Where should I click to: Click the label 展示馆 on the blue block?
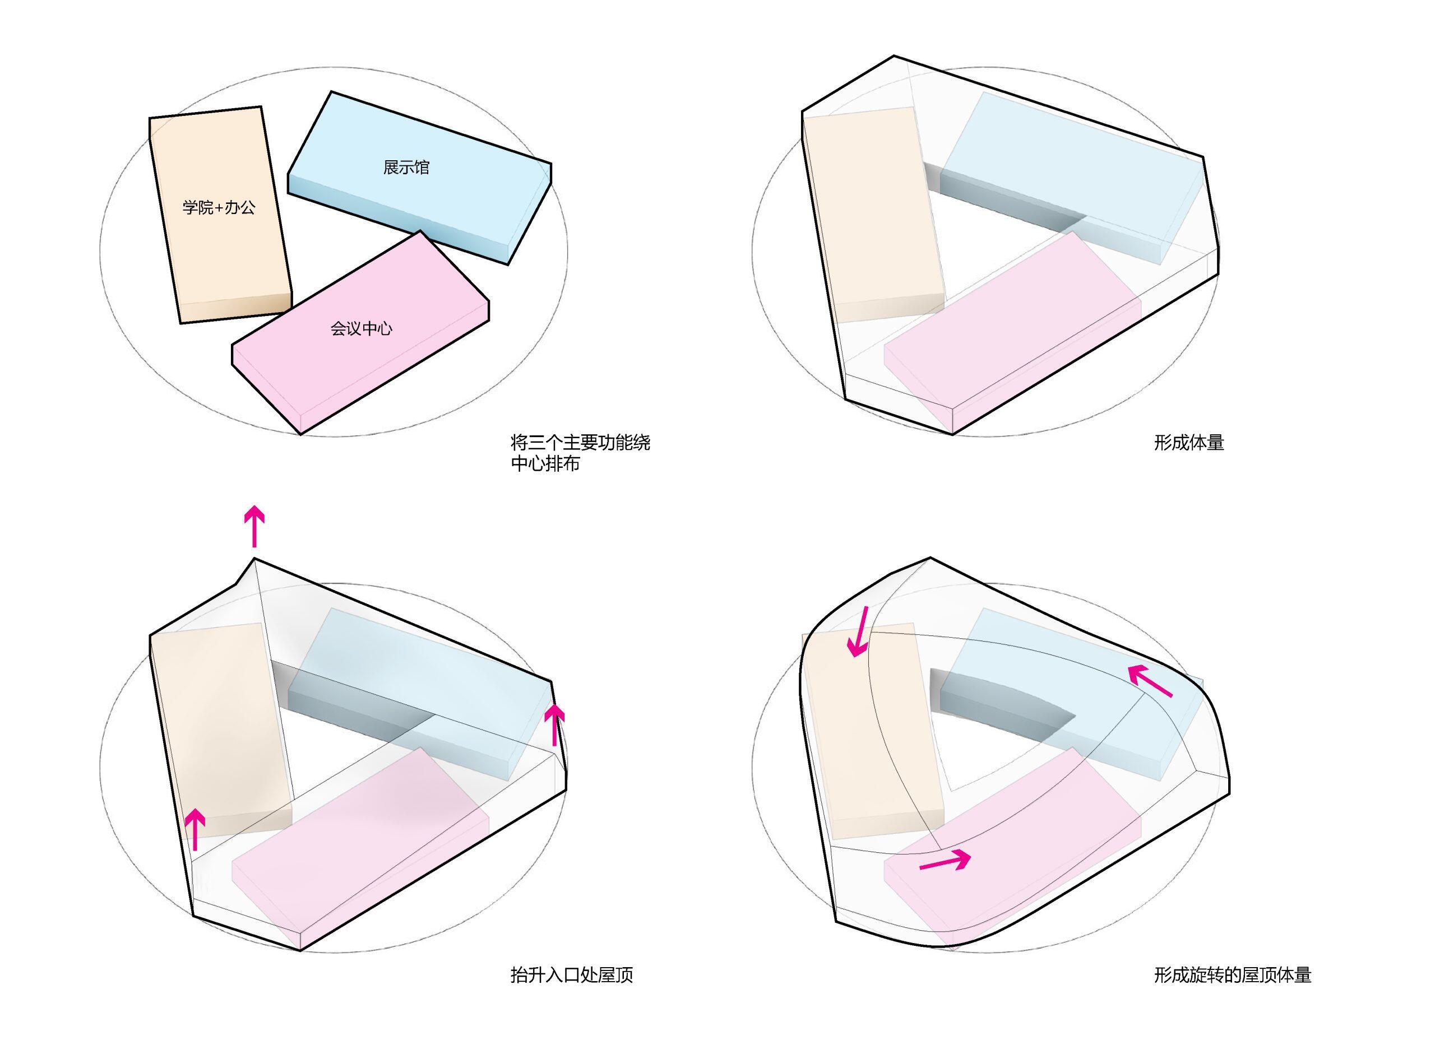tap(406, 168)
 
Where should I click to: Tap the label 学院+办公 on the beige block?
tap(219, 207)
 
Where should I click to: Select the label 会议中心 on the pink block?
tap(362, 328)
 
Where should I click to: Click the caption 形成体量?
tap(1189, 443)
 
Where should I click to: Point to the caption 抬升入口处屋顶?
tap(572, 975)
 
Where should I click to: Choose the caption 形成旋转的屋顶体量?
tap(1233, 975)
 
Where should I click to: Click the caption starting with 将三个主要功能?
tap(580, 453)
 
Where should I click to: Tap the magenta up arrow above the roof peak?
tap(254, 526)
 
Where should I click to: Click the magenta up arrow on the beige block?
tap(196, 830)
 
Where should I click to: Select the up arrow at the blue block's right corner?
tap(555, 726)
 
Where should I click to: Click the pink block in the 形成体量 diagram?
tap(1012, 329)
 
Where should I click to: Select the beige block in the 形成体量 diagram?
tap(873, 215)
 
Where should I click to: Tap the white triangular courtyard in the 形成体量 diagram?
tap(993, 253)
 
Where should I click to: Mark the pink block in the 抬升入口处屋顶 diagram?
tap(360, 848)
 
